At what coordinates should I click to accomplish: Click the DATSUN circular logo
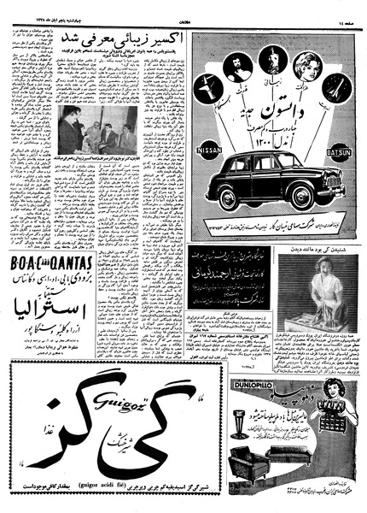[x=340, y=153]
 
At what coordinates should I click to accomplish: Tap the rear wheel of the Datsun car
[x=230, y=200]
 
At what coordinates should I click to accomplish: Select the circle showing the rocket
[x=334, y=86]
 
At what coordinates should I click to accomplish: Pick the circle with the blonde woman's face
[x=303, y=64]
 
